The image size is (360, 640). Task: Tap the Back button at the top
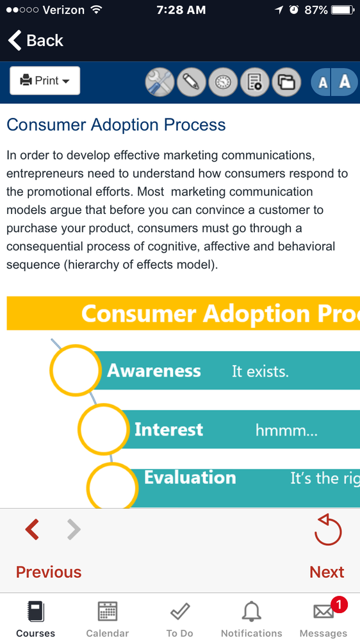(x=35, y=40)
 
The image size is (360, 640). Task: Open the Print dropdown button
(x=45, y=81)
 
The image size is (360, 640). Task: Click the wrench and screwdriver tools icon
(x=160, y=82)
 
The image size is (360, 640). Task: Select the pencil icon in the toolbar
(x=192, y=82)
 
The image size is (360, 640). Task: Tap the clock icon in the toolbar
(x=224, y=82)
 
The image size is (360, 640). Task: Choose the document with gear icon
(x=255, y=82)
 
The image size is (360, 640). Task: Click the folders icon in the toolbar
(x=286, y=82)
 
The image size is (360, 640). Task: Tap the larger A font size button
(x=345, y=82)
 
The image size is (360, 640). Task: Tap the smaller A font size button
(x=322, y=82)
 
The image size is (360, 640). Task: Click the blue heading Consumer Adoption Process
(x=116, y=124)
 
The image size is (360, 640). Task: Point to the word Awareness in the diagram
(x=154, y=371)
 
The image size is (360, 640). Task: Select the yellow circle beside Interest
(x=103, y=429)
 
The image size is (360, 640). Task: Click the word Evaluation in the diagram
(x=190, y=477)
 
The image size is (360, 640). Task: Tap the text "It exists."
(x=261, y=372)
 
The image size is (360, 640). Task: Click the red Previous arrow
(x=32, y=529)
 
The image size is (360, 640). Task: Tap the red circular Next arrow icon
(x=328, y=529)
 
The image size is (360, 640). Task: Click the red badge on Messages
(x=340, y=605)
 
